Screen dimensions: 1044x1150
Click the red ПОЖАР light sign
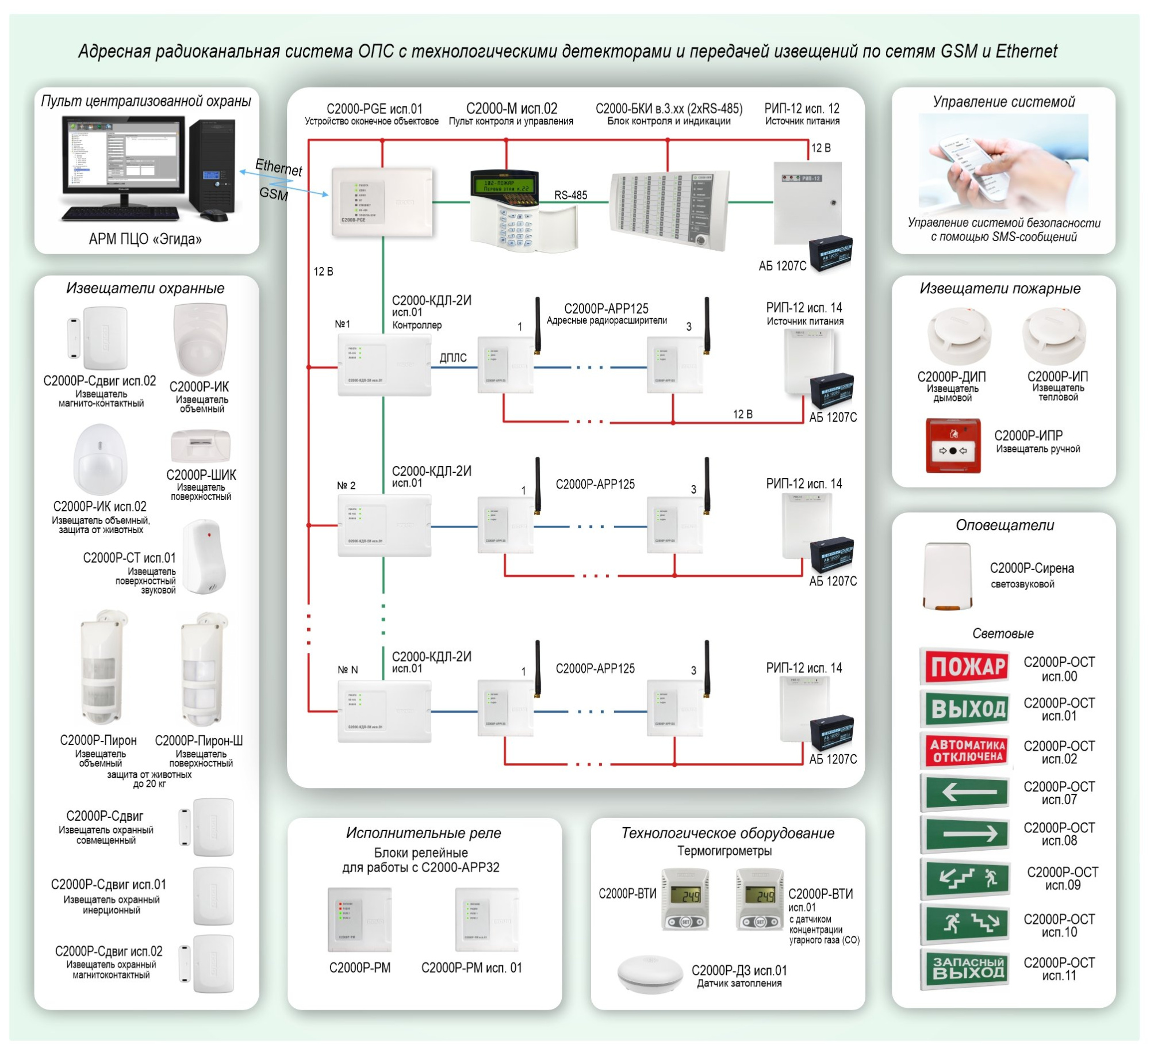pyautogui.click(x=967, y=666)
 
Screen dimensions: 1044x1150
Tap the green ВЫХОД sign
pyautogui.click(x=967, y=709)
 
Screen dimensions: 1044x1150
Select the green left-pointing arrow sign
pyautogui.click(x=967, y=792)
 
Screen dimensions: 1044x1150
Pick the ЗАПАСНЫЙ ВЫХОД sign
pyautogui.click(x=967, y=969)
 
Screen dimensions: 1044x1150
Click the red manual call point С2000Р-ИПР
pyautogui.click(x=953, y=446)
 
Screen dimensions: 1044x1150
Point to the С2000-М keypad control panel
pyautogui.click(x=506, y=210)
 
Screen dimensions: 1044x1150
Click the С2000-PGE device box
pyautogui.click(x=382, y=201)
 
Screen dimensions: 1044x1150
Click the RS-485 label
pyautogui.click(x=570, y=195)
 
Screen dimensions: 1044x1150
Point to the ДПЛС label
pyautogui.click(x=453, y=357)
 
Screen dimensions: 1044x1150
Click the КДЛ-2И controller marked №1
pyautogui.click(x=384, y=366)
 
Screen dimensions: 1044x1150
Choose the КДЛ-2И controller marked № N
pyautogui.click(x=384, y=712)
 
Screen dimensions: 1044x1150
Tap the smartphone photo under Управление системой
pyautogui.click(x=1003, y=161)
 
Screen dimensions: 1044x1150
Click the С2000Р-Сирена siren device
pyautogui.click(x=947, y=576)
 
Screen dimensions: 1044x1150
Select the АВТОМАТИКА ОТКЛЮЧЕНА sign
pyautogui.click(x=967, y=751)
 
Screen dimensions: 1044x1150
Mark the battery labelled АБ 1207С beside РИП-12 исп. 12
pyautogui.click(x=830, y=253)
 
